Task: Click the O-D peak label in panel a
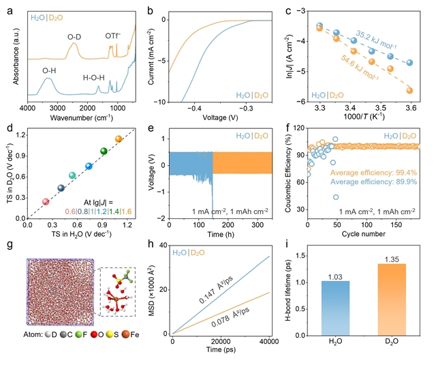pyautogui.click(x=74, y=37)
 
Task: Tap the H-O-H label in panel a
pyautogui.click(x=94, y=78)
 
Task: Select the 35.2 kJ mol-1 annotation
pyautogui.click(x=376, y=40)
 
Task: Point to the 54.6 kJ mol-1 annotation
pyautogui.click(x=360, y=68)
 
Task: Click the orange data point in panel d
pyautogui.click(x=119, y=138)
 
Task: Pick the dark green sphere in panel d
pyautogui.click(x=104, y=151)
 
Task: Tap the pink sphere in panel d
pyautogui.click(x=46, y=202)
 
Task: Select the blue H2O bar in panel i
pyautogui.click(x=335, y=308)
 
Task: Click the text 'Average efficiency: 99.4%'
pyautogui.click(x=373, y=173)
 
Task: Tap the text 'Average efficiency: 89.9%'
pyautogui.click(x=373, y=181)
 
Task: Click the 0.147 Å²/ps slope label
pyautogui.click(x=216, y=290)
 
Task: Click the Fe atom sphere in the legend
pyautogui.click(x=125, y=334)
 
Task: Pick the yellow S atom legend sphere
pyautogui.click(x=109, y=334)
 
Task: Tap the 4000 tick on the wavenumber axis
pyautogui.click(x=27, y=108)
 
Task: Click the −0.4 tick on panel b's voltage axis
pyautogui.click(x=193, y=108)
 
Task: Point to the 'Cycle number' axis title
pyautogui.click(x=363, y=234)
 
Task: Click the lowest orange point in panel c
pyautogui.click(x=409, y=91)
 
